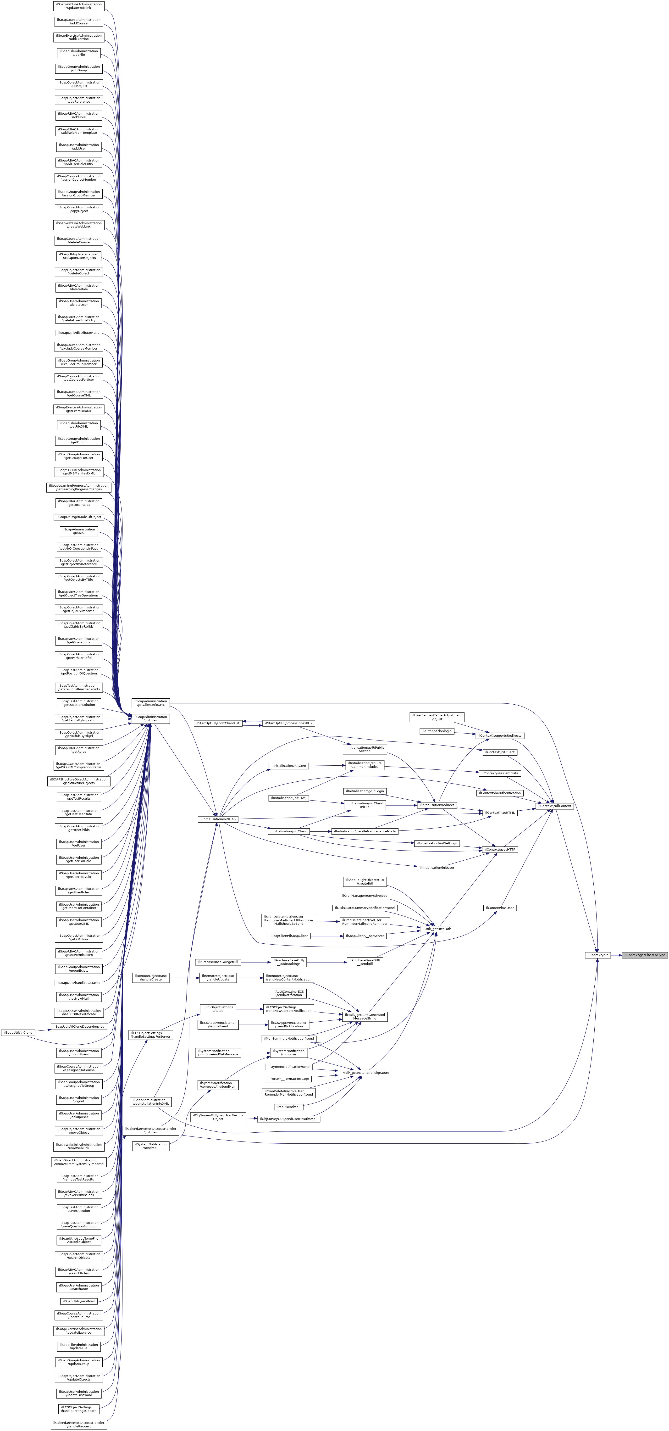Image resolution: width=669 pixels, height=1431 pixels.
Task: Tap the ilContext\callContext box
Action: pyautogui.click(x=554, y=806)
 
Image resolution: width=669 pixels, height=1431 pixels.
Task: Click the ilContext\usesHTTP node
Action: pyautogui.click(x=500, y=849)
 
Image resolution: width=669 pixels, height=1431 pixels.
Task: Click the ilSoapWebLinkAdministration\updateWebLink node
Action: pyautogui.click(x=79, y=6)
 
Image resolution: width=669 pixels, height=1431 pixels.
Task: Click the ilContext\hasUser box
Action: pyautogui.click(x=500, y=908)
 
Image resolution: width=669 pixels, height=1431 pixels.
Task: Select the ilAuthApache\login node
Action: pyautogui.click(x=437, y=731)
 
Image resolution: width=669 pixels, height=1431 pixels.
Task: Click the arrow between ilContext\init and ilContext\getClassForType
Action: pyautogui.click(x=616, y=955)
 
